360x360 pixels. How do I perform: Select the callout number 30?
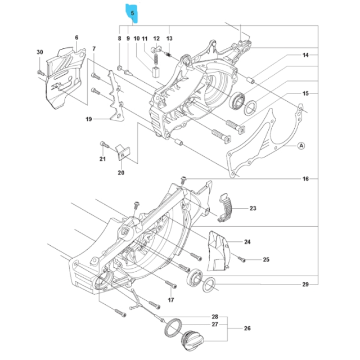tap(40, 52)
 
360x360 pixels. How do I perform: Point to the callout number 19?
tap(88, 119)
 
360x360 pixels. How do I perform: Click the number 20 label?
tap(121, 173)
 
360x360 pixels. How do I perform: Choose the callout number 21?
tap(102, 160)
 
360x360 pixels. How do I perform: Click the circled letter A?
tap(301, 145)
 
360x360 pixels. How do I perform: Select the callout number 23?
tap(253, 209)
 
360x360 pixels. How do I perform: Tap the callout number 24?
tap(247, 242)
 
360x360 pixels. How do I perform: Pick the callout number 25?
tap(267, 259)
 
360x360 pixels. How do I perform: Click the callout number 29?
tap(305, 285)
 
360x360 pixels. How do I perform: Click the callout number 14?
tap(305, 55)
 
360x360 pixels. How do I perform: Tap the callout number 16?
tap(305, 179)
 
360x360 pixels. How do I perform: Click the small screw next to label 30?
tap(40, 72)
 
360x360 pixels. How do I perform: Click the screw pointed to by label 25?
tap(241, 259)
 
